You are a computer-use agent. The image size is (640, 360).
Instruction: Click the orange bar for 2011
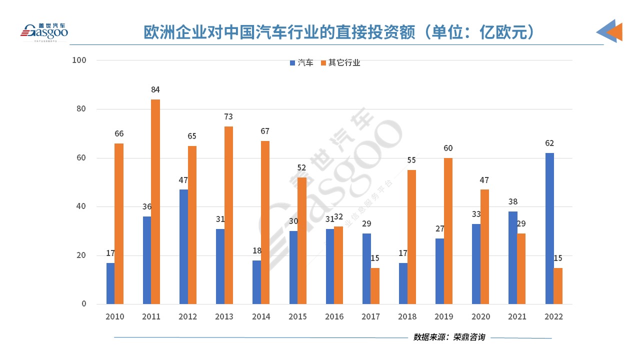(x=155, y=201)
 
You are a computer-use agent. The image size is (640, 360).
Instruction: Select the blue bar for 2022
(x=549, y=228)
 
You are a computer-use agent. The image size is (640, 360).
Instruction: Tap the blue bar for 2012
(x=183, y=246)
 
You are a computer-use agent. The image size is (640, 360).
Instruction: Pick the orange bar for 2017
(x=375, y=285)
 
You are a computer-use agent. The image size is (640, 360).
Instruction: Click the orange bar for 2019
(x=448, y=231)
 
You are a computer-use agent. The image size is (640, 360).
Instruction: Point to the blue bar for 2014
(x=256, y=282)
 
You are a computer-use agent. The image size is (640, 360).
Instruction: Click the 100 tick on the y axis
(x=79, y=60)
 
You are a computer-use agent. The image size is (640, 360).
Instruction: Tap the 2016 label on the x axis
(x=334, y=317)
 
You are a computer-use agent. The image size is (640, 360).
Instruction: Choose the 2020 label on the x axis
(x=480, y=317)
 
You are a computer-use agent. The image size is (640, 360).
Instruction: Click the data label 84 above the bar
(x=155, y=90)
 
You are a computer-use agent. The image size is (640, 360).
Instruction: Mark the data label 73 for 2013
(x=228, y=117)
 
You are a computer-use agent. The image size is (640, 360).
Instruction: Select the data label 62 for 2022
(x=549, y=143)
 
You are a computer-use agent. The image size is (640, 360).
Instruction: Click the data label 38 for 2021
(x=512, y=202)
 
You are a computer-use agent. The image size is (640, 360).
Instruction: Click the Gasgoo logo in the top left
(x=44, y=32)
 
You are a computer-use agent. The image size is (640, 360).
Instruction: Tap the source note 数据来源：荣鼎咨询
(x=449, y=337)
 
